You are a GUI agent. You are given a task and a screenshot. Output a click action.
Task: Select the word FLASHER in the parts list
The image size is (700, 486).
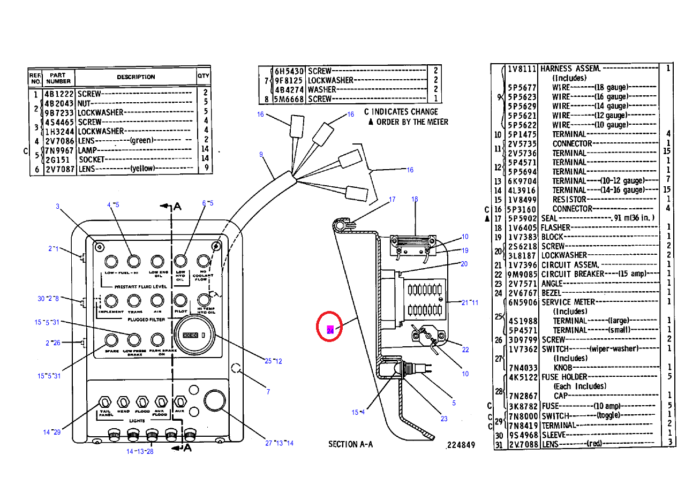pyautogui.click(x=555, y=227)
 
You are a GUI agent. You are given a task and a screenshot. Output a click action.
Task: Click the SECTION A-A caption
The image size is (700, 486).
pyautogui.click(x=351, y=444)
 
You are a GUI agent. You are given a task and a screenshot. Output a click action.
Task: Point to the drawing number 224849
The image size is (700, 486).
pyautogui.click(x=460, y=445)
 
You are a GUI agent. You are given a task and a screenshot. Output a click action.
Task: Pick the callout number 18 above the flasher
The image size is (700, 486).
pyautogui.click(x=415, y=200)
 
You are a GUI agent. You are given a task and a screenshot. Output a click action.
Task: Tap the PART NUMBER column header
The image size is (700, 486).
pyautogui.click(x=58, y=78)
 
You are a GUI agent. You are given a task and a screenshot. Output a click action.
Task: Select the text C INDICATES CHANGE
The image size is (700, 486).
pyautogui.click(x=401, y=112)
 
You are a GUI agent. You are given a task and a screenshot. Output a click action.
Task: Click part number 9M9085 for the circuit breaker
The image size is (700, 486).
pyautogui.click(x=523, y=274)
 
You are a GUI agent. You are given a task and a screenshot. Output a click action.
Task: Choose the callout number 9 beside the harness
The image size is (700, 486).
pyautogui.click(x=261, y=155)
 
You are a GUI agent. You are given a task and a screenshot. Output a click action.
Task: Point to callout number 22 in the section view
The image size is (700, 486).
pyautogui.click(x=465, y=350)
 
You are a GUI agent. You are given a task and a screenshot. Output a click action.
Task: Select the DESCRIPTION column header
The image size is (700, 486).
pyautogui.click(x=136, y=77)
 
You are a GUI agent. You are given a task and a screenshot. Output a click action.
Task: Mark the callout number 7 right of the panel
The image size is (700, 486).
pyautogui.click(x=268, y=392)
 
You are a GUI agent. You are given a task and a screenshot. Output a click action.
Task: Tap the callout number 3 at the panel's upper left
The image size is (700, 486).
pyautogui.click(x=57, y=207)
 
